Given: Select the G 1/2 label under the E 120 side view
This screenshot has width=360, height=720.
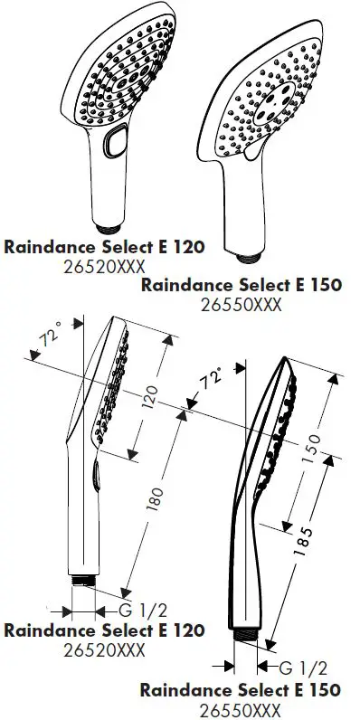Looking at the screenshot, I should (x=145, y=607).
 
